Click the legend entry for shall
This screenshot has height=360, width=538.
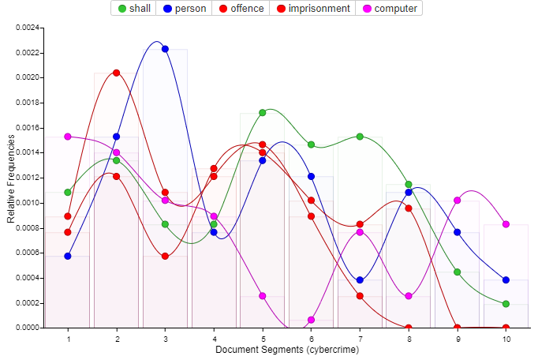[134, 9]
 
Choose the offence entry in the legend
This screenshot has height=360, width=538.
[240, 9]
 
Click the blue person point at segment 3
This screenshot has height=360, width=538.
[165, 49]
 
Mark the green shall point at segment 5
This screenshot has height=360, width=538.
[263, 113]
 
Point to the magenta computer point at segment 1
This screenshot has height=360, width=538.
[68, 137]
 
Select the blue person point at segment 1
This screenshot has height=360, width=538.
[68, 256]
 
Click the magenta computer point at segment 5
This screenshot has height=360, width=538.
[263, 296]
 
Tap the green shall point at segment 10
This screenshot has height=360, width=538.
[506, 304]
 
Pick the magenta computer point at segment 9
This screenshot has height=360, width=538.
[458, 201]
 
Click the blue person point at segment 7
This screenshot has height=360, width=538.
[360, 280]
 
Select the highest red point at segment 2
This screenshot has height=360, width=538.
[117, 73]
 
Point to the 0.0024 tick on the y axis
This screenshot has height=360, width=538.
[28, 28]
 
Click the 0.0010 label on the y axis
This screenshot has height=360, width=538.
[28, 203]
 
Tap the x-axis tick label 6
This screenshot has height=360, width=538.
[311, 339]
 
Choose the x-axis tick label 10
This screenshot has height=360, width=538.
[506, 339]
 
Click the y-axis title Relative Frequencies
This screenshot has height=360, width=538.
[11, 178]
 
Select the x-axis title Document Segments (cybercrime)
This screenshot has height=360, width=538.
[287, 350]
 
